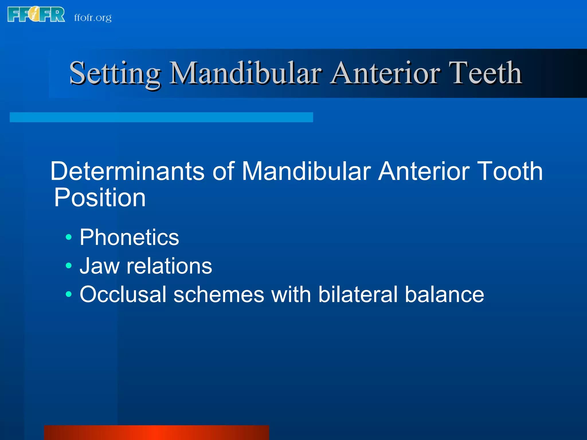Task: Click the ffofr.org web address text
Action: point(93,18)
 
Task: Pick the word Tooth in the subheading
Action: point(510,171)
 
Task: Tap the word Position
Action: point(100,198)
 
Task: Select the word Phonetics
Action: point(129,237)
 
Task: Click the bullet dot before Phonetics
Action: point(69,237)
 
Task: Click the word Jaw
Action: point(99,266)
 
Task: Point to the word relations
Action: point(169,266)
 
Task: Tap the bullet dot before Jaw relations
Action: point(69,266)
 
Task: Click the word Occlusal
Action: point(123,294)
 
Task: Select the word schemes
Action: point(219,294)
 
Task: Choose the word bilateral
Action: point(358,294)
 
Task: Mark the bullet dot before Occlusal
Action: point(69,294)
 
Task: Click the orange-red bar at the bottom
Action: point(156,433)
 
